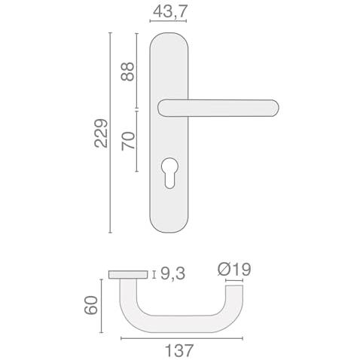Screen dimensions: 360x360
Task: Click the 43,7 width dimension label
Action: click(x=170, y=11)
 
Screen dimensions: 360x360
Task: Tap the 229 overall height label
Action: click(x=101, y=133)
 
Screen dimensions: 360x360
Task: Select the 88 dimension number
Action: click(x=127, y=72)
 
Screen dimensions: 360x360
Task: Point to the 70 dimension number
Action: click(x=128, y=141)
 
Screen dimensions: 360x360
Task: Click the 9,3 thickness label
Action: click(x=172, y=273)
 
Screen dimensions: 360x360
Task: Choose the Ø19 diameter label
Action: click(x=234, y=270)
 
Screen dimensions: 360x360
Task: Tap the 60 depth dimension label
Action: click(x=91, y=305)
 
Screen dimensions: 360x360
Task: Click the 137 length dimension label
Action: click(x=179, y=350)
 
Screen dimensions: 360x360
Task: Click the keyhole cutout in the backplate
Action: click(x=169, y=172)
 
